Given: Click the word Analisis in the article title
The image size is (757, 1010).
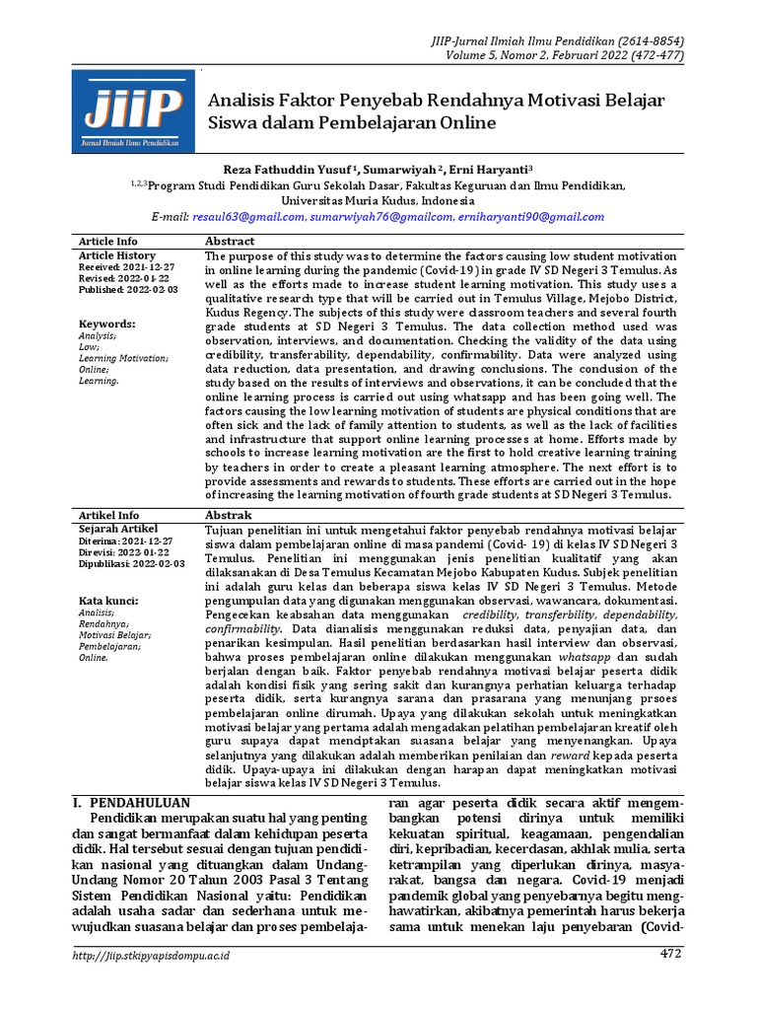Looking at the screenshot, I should point(242,101).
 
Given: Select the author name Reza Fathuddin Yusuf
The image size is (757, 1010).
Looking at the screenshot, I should point(286,169).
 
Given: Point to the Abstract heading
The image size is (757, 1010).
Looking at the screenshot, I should point(230,241).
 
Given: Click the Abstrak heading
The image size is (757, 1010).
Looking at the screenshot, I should point(228,515).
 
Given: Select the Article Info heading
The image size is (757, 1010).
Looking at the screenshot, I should point(108,241).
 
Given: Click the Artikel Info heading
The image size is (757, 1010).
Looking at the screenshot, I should point(108,515).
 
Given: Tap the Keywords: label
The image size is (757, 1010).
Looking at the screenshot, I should point(106,324).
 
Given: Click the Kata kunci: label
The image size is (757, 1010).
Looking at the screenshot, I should point(108,600).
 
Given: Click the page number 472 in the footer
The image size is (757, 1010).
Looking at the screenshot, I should point(670,954).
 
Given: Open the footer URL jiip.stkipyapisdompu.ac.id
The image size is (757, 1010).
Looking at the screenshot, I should point(153,955).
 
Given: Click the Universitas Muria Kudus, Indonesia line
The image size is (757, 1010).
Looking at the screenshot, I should point(378,199).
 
